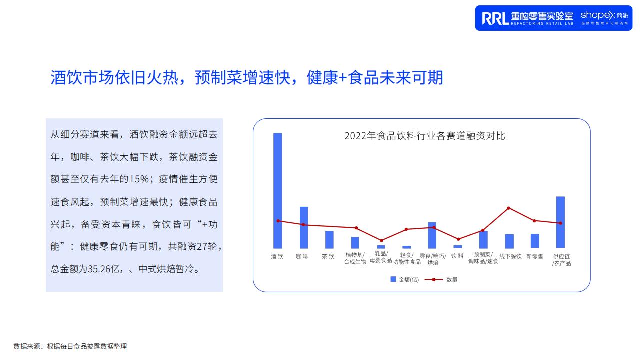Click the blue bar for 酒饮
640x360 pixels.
tap(277, 190)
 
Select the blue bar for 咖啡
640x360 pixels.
tap(303, 227)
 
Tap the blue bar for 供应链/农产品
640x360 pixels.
tap(560, 222)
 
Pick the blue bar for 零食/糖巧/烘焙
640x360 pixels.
tap(432, 235)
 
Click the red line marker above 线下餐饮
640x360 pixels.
tap(508, 208)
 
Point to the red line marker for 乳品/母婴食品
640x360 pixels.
tap(381, 241)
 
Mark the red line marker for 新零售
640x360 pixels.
tap(534, 221)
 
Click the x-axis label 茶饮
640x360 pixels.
tap(328, 256)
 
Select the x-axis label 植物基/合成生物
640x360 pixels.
tap(355, 258)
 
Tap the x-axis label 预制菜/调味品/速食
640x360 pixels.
tap(483, 258)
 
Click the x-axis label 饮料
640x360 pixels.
tap(457, 256)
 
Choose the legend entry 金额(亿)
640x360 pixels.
tap(404, 279)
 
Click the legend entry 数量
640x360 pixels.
tap(441, 279)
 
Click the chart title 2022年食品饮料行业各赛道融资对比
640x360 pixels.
tap(425, 136)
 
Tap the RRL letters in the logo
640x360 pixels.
tap(495, 18)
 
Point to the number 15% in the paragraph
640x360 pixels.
tap(139, 179)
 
